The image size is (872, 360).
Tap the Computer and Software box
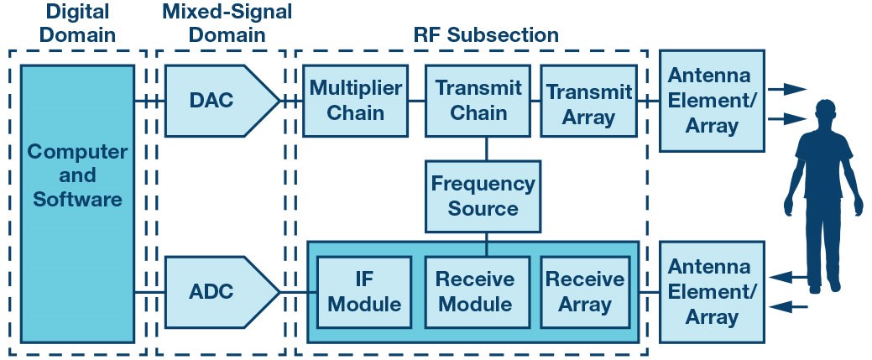(x=77, y=203)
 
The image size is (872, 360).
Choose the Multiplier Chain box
(x=355, y=101)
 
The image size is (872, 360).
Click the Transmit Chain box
(x=478, y=101)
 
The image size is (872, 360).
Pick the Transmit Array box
(x=589, y=101)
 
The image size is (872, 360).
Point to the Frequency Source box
(x=483, y=196)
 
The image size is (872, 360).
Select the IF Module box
(x=364, y=292)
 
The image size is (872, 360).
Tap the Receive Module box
(x=478, y=292)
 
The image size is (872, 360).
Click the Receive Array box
(x=585, y=292)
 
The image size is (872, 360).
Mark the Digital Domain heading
(x=77, y=23)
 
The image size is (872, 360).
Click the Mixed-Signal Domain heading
(x=227, y=23)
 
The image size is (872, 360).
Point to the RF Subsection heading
(x=486, y=35)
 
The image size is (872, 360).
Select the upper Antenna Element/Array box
(x=712, y=101)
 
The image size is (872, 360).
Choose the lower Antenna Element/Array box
(x=712, y=292)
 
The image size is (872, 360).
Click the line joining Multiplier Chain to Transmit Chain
(x=416, y=101)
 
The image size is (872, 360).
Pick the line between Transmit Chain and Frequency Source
(x=486, y=149)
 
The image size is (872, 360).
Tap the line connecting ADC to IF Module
(x=298, y=292)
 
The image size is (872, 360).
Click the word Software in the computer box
(x=77, y=199)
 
